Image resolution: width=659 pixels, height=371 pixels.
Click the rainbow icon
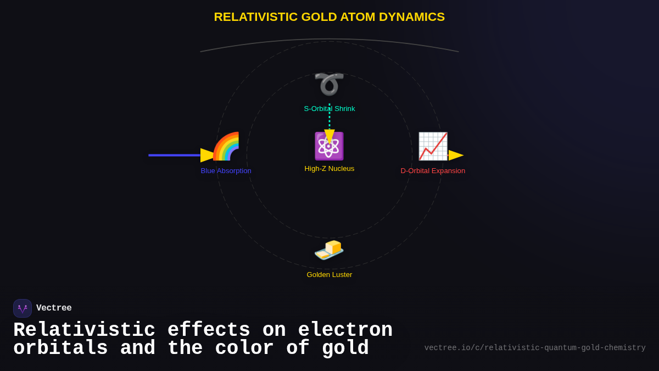tap(226, 146)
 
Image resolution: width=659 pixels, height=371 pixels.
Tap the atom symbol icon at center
tap(329, 146)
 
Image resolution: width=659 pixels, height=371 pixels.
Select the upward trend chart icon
tap(433, 146)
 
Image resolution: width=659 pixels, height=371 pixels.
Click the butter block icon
tap(329, 250)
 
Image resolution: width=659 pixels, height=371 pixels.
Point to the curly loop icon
tap(329, 84)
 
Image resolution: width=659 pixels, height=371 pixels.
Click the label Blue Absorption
tap(226, 171)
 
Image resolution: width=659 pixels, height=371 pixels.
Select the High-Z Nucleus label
tap(329, 169)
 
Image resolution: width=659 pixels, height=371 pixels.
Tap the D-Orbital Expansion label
tap(433, 171)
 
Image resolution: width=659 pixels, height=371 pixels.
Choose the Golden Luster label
tap(329, 275)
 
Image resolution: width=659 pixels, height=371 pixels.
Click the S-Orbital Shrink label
tap(329, 109)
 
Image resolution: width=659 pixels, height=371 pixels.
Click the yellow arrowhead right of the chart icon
tap(456, 156)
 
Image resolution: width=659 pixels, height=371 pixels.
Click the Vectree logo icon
tap(23, 308)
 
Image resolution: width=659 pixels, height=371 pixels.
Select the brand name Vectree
tap(54, 308)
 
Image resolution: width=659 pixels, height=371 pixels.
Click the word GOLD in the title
tap(319, 17)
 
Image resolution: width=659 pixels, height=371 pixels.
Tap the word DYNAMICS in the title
tap(412, 17)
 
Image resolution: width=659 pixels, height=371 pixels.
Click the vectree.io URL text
tap(535, 348)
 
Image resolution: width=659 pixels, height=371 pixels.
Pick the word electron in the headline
tap(345, 330)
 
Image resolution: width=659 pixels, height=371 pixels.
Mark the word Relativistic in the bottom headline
tap(85, 330)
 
